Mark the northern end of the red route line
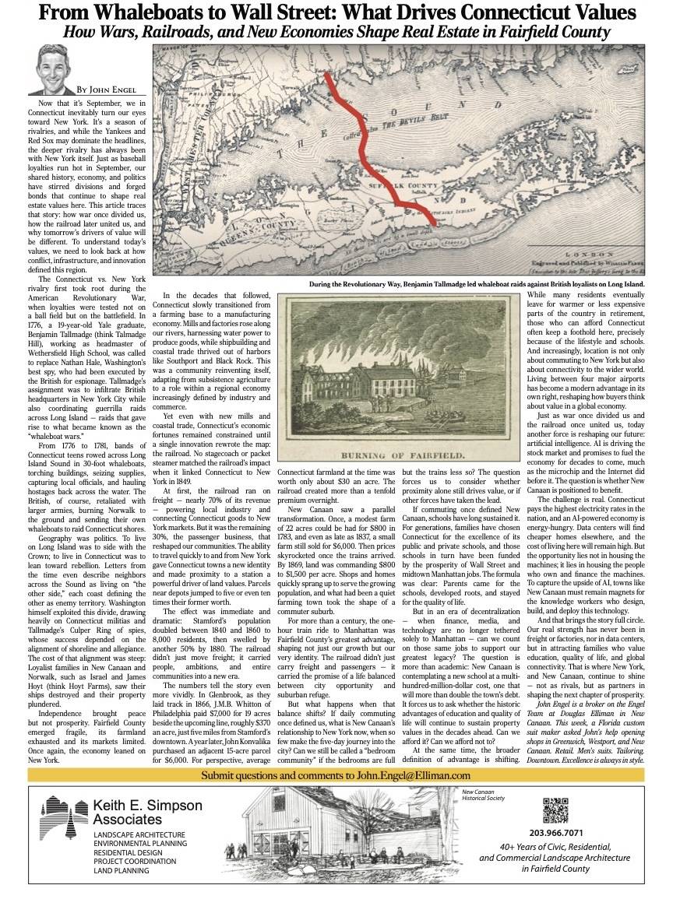[x=326, y=77]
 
